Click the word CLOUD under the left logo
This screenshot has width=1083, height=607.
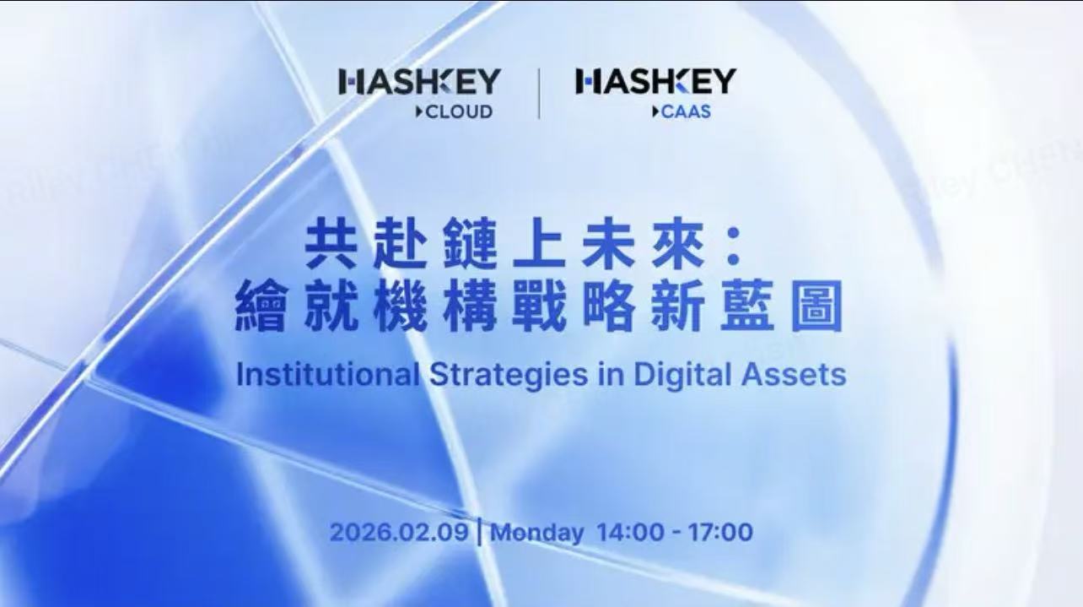coord(458,111)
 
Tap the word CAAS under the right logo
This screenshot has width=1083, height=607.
coord(686,111)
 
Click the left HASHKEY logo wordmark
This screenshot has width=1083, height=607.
coord(419,83)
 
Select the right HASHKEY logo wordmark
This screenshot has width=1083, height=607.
coord(655,83)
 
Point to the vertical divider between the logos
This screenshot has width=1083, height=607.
coord(539,94)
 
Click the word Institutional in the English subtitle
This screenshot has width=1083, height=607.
coord(327,374)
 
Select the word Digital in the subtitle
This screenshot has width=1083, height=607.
coord(675,374)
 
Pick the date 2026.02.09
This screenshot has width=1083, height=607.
coord(398,533)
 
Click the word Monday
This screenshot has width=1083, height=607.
coord(537,533)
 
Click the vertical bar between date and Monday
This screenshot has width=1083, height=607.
coord(480,533)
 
